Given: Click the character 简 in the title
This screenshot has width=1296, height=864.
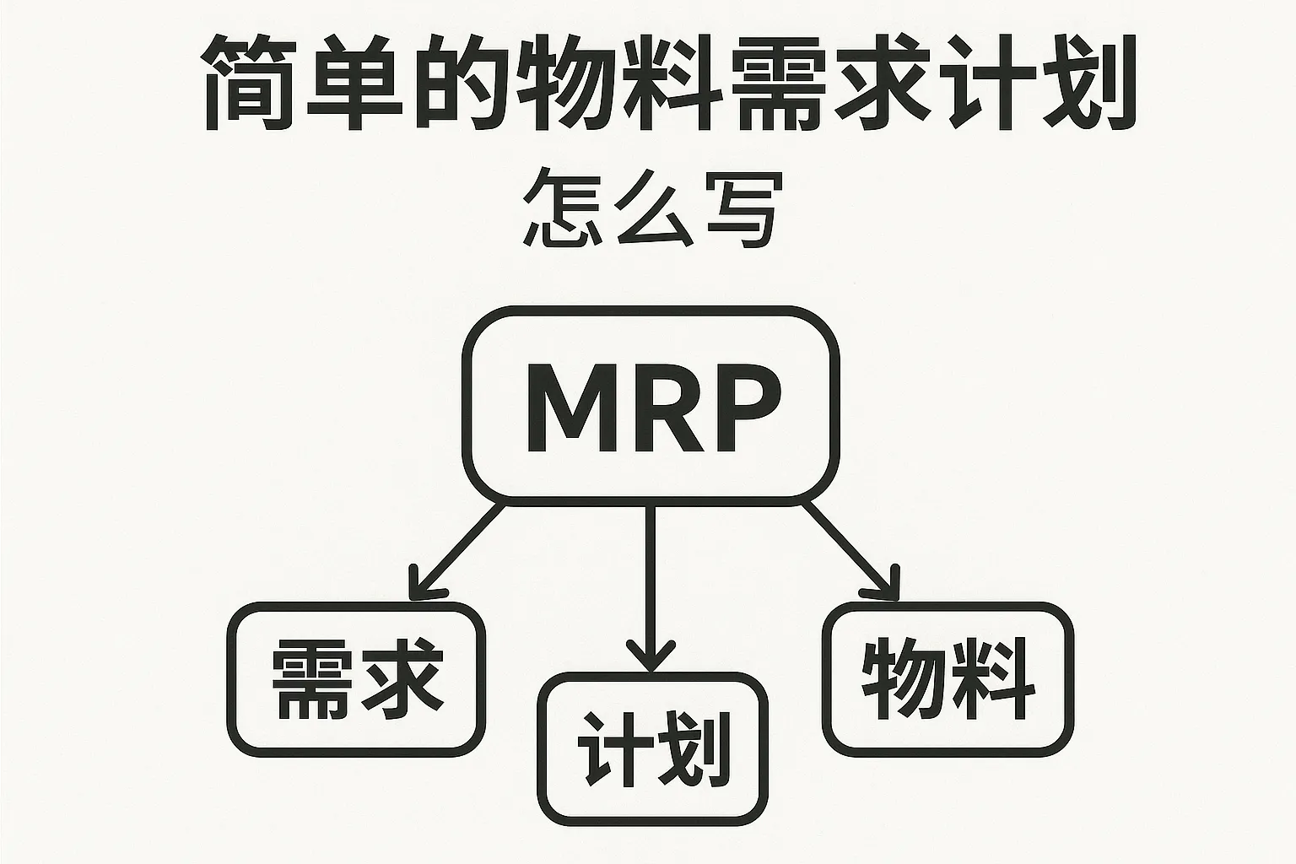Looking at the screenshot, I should [250, 83].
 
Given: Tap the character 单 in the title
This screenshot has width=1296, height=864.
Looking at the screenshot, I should [354, 83].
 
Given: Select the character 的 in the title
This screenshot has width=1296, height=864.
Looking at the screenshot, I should [460, 83].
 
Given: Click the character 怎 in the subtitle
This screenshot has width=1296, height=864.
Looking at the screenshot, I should [559, 210].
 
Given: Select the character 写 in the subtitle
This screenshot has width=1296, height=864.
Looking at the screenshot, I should [737, 210].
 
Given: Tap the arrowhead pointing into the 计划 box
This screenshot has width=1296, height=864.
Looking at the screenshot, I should [650, 658].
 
